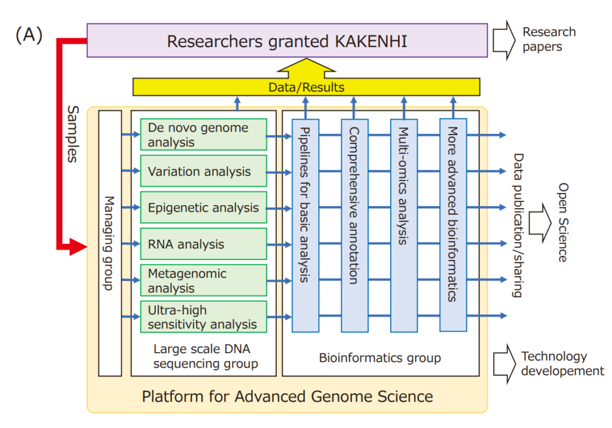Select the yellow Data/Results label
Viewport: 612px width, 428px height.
pyautogui.click(x=306, y=87)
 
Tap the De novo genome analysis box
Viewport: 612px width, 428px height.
pyautogui.click(x=203, y=134)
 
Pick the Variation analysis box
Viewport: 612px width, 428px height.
pyautogui.click(x=203, y=172)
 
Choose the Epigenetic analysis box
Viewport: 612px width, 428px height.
pyautogui.click(x=203, y=207)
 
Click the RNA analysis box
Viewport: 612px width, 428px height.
pyautogui.click(x=203, y=244)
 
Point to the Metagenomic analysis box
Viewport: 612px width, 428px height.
pyautogui.click(x=203, y=280)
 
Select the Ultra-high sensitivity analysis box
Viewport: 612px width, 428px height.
pyautogui.click(x=203, y=317)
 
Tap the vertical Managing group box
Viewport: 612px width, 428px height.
pyautogui.click(x=109, y=243)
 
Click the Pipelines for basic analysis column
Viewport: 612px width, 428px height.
pyautogui.click(x=305, y=225)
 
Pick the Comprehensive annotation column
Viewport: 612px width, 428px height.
pyautogui.click(x=354, y=225)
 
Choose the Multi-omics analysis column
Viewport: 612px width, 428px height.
pyautogui.click(x=403, y=225)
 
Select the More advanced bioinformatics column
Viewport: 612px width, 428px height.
pyautogui.click(x=453, y=225)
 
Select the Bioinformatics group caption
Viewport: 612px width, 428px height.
pyautogui.click(x=380, y=358)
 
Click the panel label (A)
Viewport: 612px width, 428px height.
pyautogui.click(x=29, y=35)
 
